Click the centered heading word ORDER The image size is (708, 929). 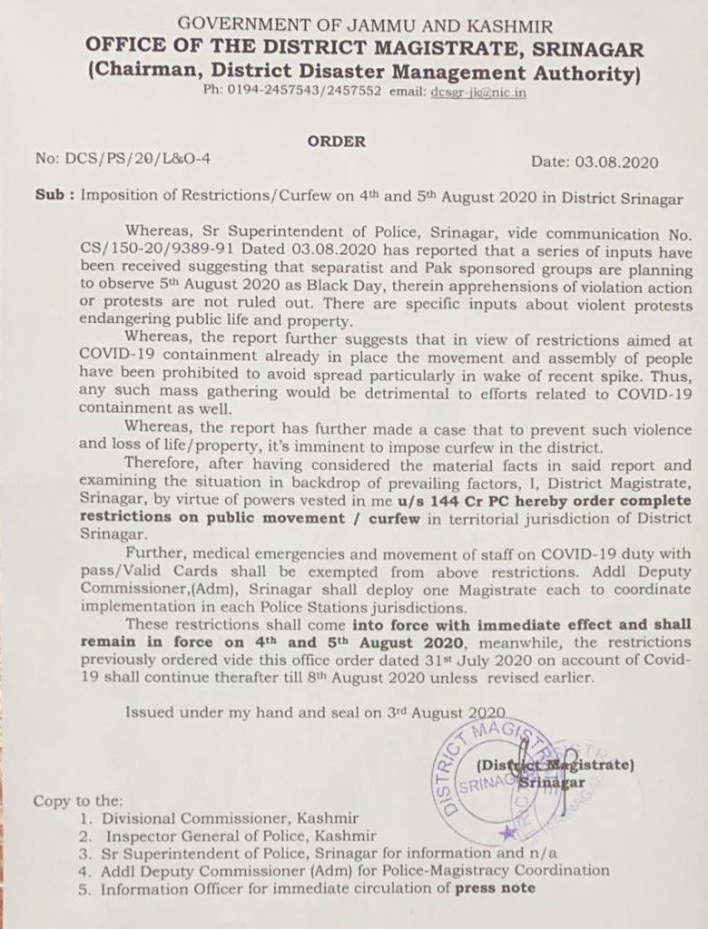pos(337,142)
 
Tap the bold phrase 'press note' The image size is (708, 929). pos(495,888)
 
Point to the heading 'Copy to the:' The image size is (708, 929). pos(77,800)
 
